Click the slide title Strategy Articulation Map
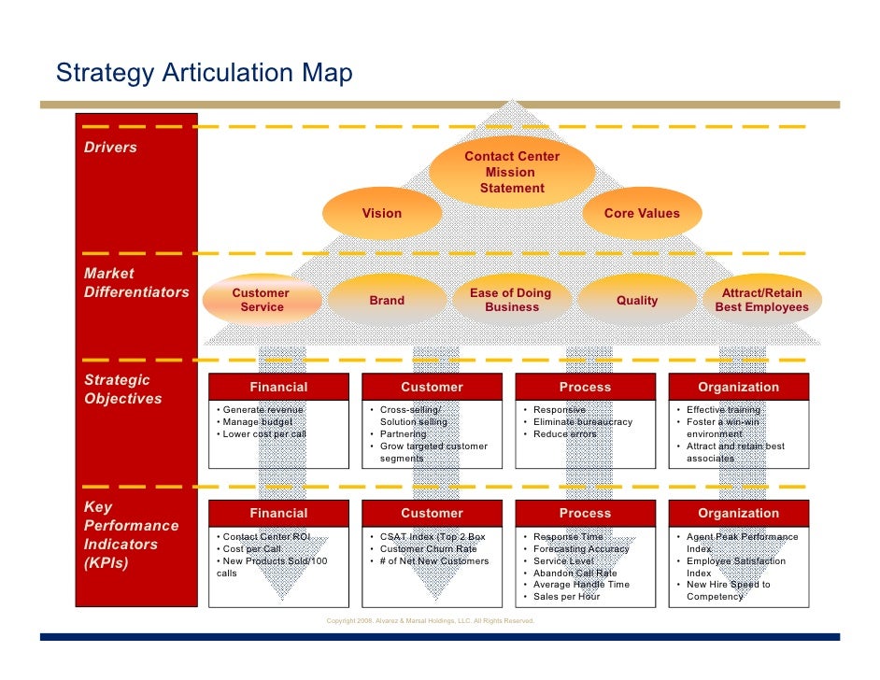click(204, 73)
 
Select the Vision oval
click(382, 214)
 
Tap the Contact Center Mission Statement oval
click(512, 172)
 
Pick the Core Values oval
click(642, 214)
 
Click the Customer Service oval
click(262, 300)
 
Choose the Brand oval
click(387, 300)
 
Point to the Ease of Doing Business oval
click(511, 300)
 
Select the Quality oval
click(637, 300)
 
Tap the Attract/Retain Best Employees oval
click(761, 300)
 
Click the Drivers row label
click(111, 148)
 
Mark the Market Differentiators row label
click(136, 283)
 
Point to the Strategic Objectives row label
click(123, 390)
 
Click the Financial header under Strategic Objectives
click(278, 387)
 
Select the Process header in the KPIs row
click(585, 513)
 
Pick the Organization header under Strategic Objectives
click(738, 387)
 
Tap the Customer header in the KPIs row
click(432, 513)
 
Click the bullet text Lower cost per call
click(264, 434)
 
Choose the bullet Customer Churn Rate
click(428, 549)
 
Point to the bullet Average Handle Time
click(581, 585)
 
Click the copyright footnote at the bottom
click(431, 621)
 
